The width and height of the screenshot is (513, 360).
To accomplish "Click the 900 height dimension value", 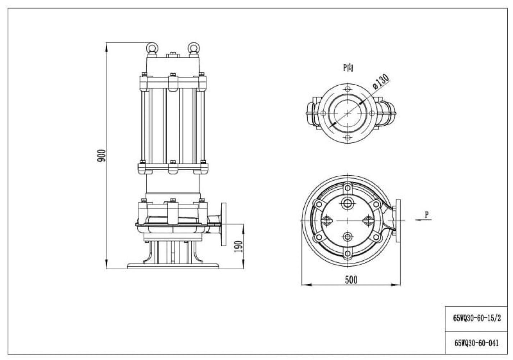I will point(102,155).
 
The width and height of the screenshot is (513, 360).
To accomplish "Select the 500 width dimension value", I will point(351,280).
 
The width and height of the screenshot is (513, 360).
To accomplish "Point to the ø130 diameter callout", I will point(381,82).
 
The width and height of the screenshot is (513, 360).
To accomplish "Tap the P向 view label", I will point(348,67).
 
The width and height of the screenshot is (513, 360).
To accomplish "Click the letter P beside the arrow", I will point(427,215).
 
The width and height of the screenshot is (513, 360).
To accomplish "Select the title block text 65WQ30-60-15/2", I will point(477,318).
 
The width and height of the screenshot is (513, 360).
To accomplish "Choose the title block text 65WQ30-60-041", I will point(477,343).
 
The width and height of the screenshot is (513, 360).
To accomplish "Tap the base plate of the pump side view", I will point(173,266).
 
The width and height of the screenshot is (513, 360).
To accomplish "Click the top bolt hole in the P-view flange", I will point(347,89).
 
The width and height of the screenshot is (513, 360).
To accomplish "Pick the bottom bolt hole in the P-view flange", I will point(347,138).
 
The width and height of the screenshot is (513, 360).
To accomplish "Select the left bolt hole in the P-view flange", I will point(323,113).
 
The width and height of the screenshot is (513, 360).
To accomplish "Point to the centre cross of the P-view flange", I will point(348,113).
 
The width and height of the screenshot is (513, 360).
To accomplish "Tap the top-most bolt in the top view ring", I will point(348,188).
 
